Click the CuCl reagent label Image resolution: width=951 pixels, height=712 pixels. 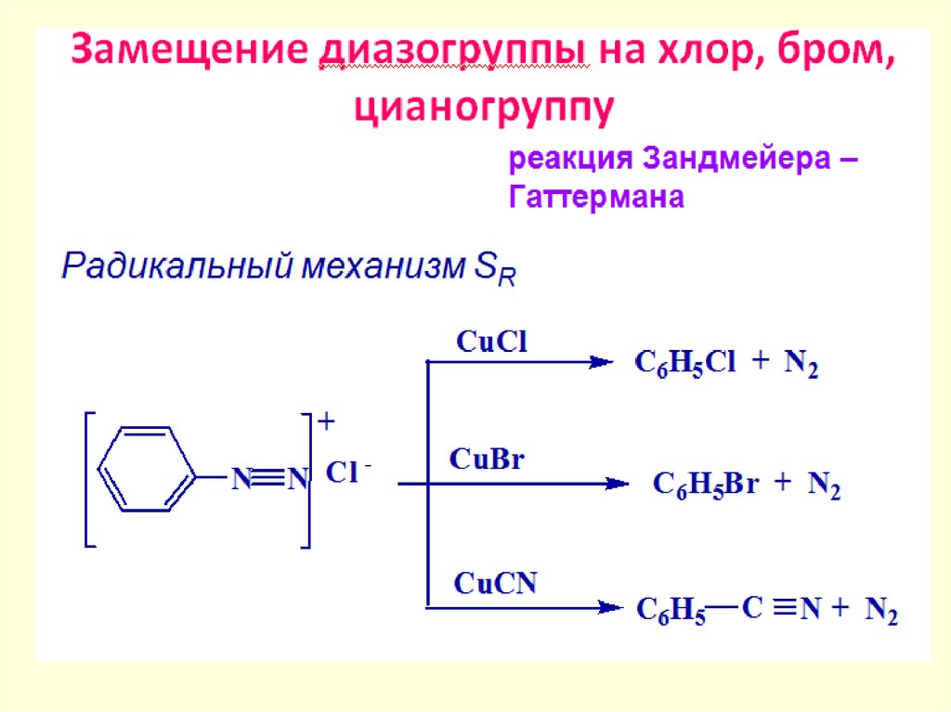(x=491, y=342)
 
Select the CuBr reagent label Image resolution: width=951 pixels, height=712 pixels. (x=488, y=459)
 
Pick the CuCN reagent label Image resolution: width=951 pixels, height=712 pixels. (x=495, y=584)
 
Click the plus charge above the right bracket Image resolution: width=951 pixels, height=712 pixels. (x=326, y=422)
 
